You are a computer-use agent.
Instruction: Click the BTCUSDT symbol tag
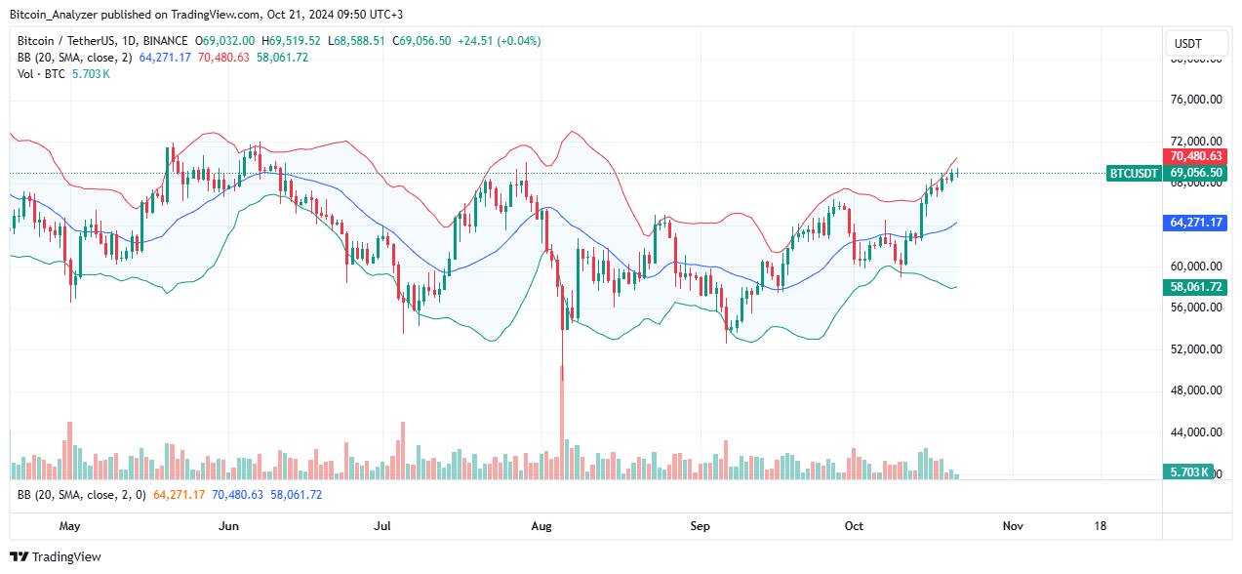(1134, 174)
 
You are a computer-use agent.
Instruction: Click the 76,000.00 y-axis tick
(1196, 100)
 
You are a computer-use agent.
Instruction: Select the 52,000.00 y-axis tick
(1196, 349)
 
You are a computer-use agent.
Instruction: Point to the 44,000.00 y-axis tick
(1196, 432)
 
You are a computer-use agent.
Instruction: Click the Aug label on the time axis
(541, 526)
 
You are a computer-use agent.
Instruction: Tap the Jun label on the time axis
(228, 526)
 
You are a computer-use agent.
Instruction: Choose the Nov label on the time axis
(1013, 526)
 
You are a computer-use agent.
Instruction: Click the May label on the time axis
(69, 526)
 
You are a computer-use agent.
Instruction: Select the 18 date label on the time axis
(1101, 526)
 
